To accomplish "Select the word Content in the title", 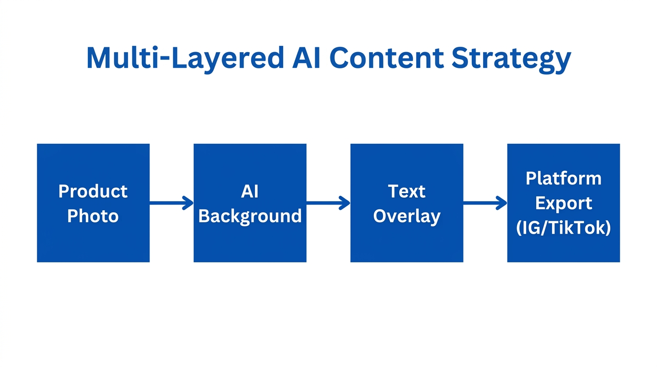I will (x=386, y=58).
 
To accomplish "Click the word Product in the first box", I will (x=93, y=191).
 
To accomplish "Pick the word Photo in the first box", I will (x=93, y=216).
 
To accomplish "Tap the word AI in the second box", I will (x=250, y=191).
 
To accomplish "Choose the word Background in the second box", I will (x=250, y=216).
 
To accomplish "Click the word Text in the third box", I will (x=406, y=191).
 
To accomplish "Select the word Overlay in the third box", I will (x=406, y=216).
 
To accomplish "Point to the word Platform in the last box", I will (x=563, y=178).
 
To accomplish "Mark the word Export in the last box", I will (x=563, y=203).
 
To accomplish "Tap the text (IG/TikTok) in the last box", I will (x=563, y=228).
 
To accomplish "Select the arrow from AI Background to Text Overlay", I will (x=328, y=203).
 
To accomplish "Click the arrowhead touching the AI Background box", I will (x=189, y=203).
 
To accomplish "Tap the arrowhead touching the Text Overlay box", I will (x=345, y=203).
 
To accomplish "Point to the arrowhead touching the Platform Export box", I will (x=502, y=203).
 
